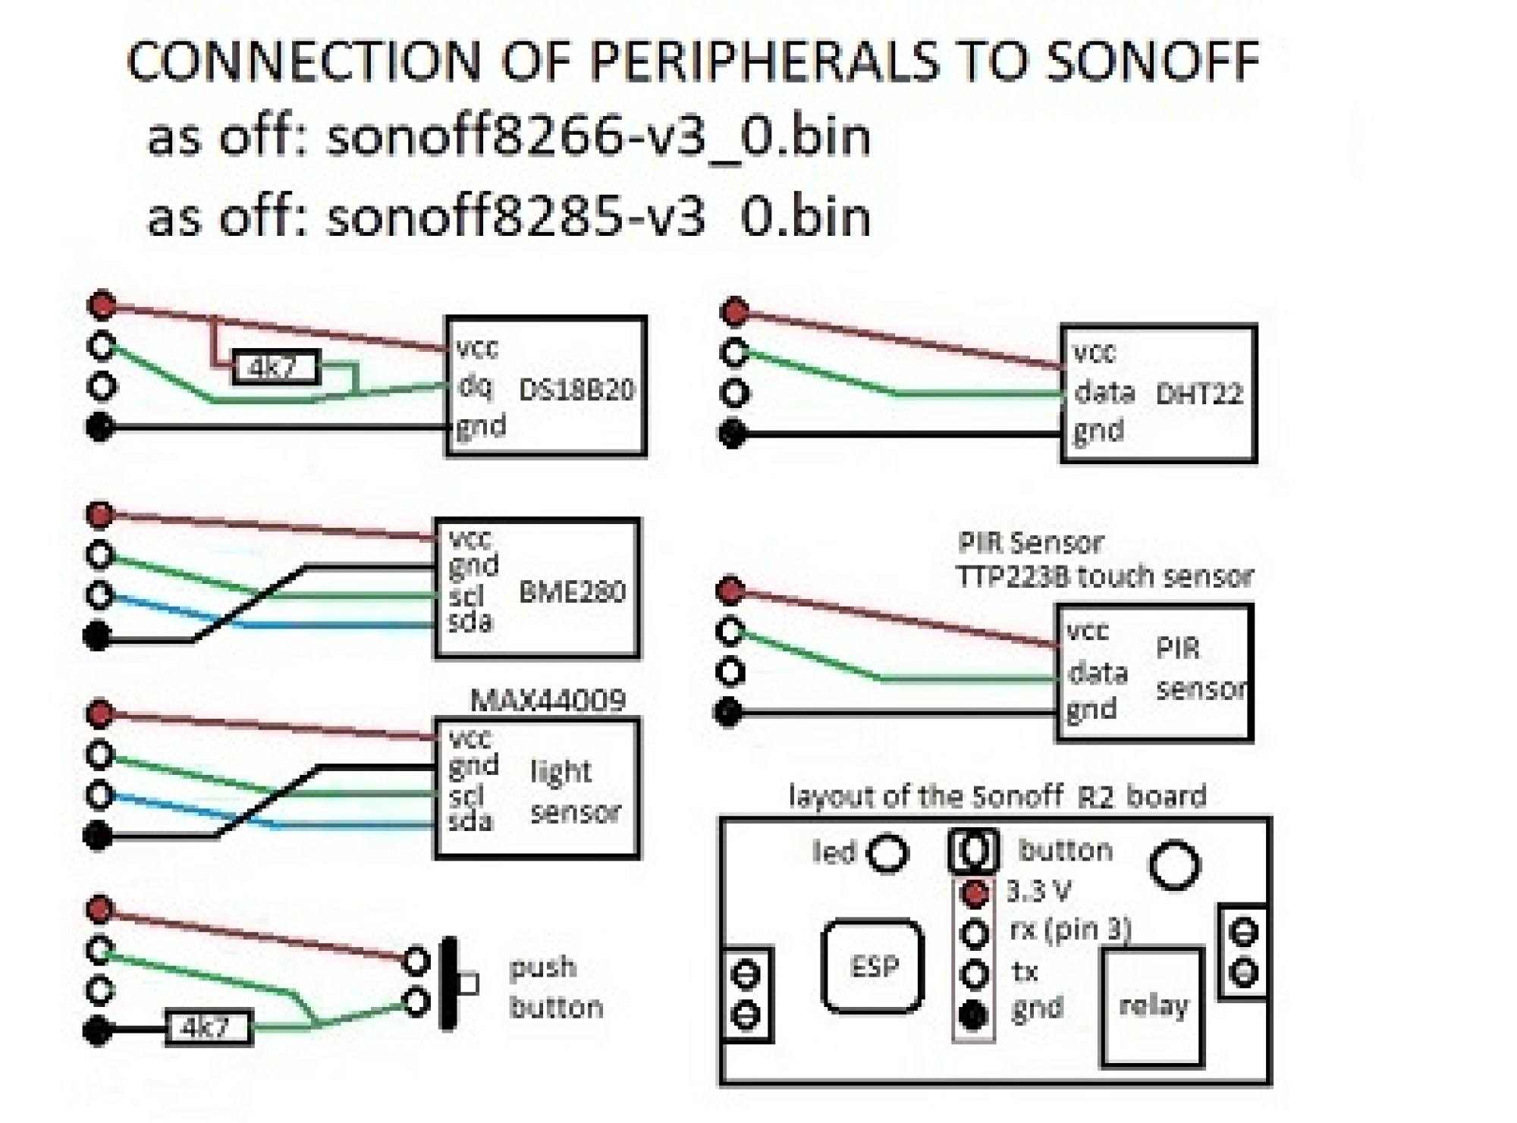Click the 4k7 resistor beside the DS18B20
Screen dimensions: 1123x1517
tap(275, 369)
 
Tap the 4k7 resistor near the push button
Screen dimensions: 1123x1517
tap(209, 1028)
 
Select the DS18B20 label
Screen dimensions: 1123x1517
tap(576, 390)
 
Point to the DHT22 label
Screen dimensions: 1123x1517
tap(1198, 394)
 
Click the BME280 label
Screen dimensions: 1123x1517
tap(572, 592)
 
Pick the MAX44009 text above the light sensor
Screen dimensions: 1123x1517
tap(548, 701)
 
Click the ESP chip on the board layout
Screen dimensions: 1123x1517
tap(873, 966)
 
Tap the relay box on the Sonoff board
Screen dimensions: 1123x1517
tap(1153, 1006)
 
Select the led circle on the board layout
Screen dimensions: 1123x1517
tap(887, 853)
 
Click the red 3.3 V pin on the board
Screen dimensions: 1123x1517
tap(975, 893)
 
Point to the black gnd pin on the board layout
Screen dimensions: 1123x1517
tap(974, 1015)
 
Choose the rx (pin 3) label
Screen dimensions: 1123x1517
tap(1070, 930)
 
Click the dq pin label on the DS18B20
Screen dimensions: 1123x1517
tap(475, 386)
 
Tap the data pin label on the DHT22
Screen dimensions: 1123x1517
tap(1104, 392)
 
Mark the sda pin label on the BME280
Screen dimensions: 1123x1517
tap(470, 623)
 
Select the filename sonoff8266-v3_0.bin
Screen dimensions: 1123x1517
tap(598, 137)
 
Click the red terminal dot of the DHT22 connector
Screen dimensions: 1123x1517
tap(734, 311)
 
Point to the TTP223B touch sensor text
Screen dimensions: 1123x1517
tap(1104, 577)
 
